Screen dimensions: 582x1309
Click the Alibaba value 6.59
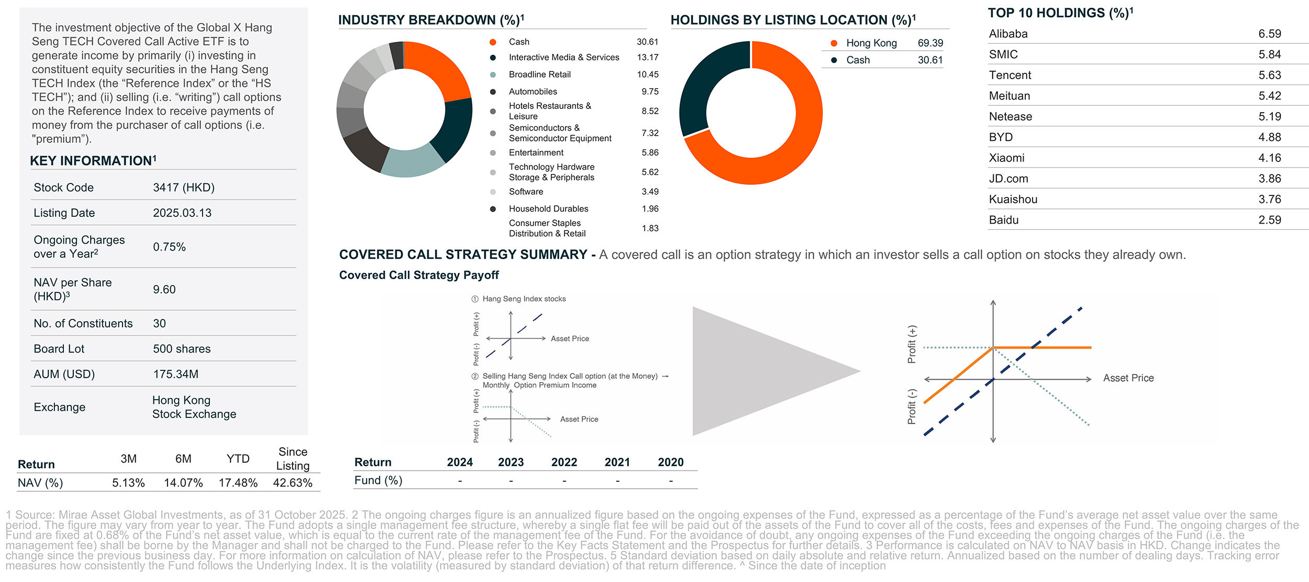[x=1269, y=34]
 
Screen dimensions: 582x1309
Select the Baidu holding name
[x=1003, y=220]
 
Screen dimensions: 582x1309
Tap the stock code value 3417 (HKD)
[x=183, y=188]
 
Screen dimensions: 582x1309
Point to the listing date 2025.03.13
[x=182, y=213]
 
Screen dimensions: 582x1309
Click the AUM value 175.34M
[x=175, y=374]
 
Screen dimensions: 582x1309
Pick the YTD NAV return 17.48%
[x=238, y=482]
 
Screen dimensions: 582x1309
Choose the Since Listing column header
[x=293, y=458]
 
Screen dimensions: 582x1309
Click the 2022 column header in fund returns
[x=564, y=462]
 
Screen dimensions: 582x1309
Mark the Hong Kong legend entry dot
[x=834, y=43]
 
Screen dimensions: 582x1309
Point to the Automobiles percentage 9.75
[x=650, y=92]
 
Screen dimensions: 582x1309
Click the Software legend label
[x=526, y=192]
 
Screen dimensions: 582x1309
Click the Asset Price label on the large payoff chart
[x=1128, y=378]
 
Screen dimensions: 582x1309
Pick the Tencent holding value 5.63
[x=1269, y=75]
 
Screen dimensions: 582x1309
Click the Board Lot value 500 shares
[x=182, y=349]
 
